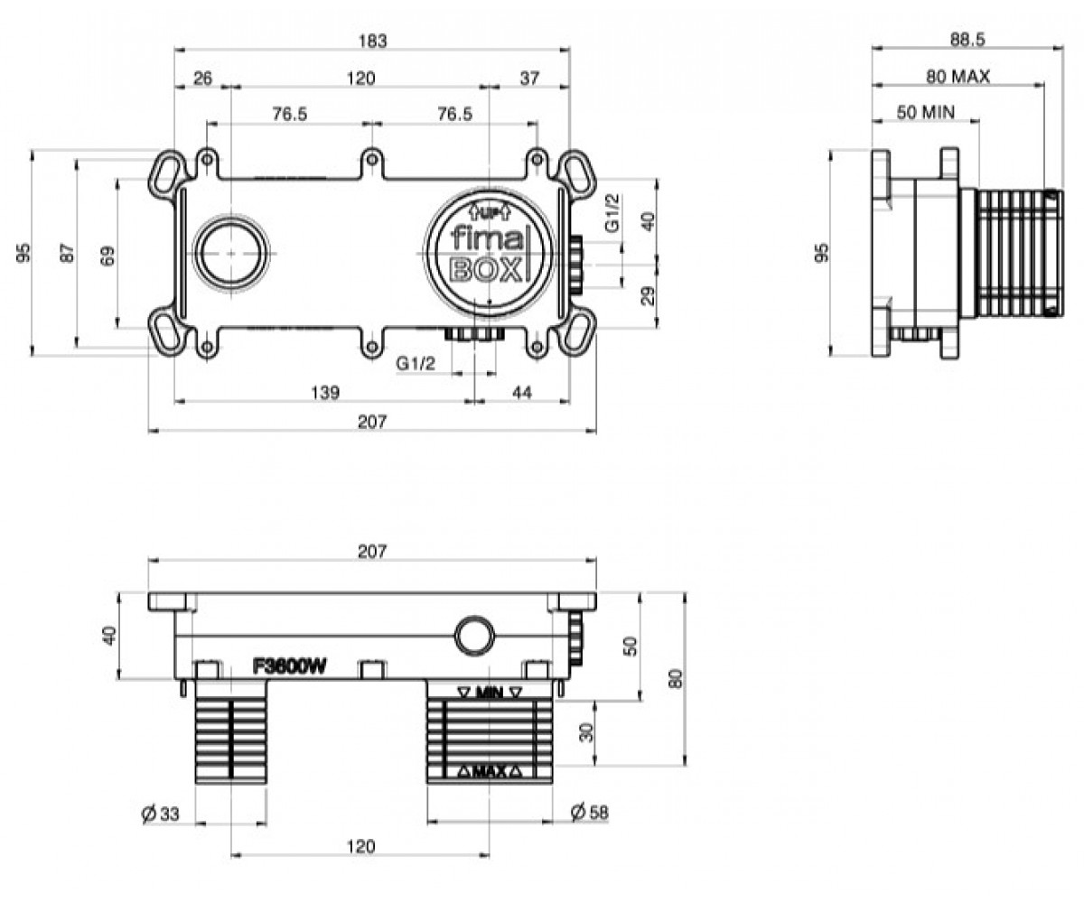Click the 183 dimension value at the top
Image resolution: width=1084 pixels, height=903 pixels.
point(373,41)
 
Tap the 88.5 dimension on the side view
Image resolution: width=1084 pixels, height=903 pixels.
point(967,40)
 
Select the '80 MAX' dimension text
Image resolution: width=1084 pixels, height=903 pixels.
point(958,77)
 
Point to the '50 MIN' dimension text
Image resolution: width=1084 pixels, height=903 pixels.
point(926,112)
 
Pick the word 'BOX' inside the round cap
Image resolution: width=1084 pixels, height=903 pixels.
point(485,270)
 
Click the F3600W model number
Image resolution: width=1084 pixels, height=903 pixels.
point(290,667)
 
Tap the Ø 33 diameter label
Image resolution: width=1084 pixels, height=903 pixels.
point(161,814)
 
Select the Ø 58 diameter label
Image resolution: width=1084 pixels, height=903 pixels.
point(589,812)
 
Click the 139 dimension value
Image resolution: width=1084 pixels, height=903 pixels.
point(325,392)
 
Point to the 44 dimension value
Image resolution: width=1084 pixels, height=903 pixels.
point(522,392)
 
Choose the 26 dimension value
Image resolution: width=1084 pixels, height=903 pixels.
point(202,79)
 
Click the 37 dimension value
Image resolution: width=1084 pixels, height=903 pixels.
point(529,79)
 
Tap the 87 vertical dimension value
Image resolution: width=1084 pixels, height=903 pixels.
point(68,253)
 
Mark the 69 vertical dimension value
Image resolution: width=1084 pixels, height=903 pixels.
point(108,256)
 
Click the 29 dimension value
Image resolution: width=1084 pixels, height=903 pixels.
point(649,296)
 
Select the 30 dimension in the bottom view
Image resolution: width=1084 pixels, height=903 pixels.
point(586,732)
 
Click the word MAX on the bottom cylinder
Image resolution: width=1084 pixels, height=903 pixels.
point(490,772)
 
